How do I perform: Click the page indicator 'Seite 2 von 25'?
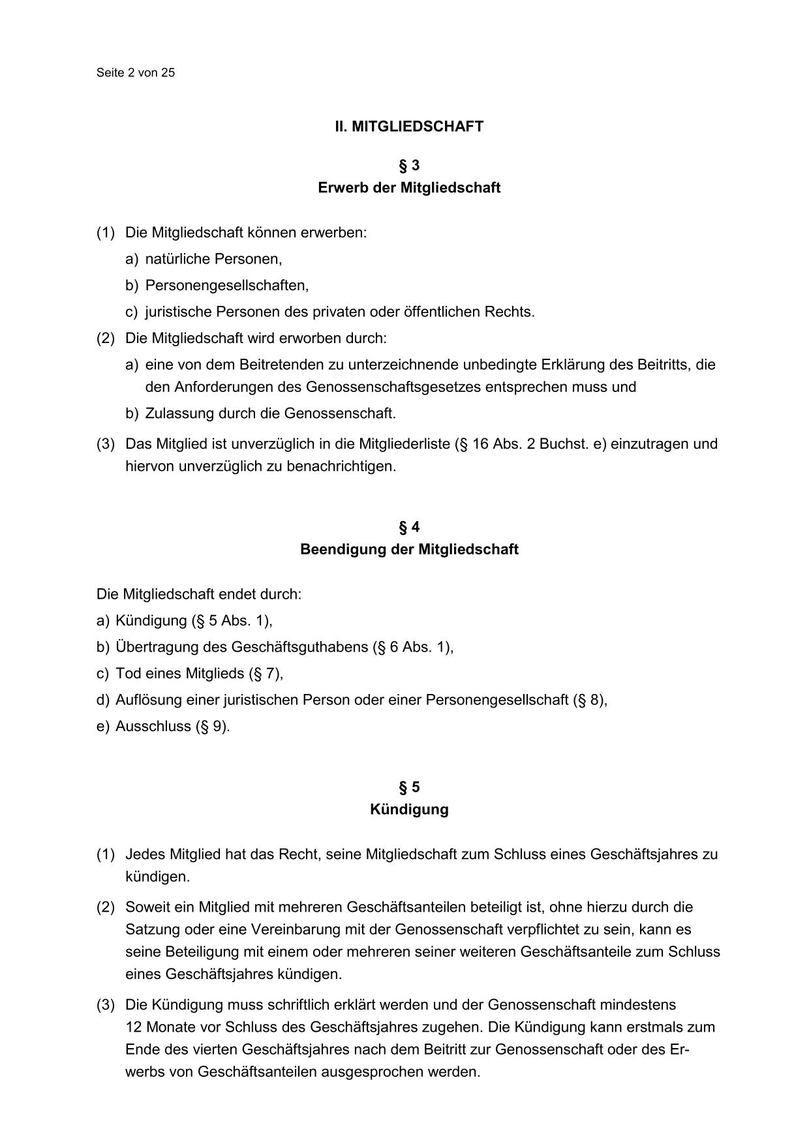(x=136, y=72)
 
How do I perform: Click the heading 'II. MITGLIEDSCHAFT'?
(x=409, y=127)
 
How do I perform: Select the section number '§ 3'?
(x=409, y=165)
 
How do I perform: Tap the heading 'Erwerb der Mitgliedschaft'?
(x=409, y=188)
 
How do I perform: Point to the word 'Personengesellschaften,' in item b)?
(x=227, y=286)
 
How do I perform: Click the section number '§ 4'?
(x=409, y=526)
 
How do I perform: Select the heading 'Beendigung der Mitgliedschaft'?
(x=409, y=549)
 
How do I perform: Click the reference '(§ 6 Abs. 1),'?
(x=413, y=647)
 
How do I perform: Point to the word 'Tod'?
(x=127, y=673)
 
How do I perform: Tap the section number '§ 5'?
(x=409, y=787)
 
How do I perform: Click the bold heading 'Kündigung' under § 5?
(x=409, y=809)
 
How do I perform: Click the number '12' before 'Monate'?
(x=134, y=1027)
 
